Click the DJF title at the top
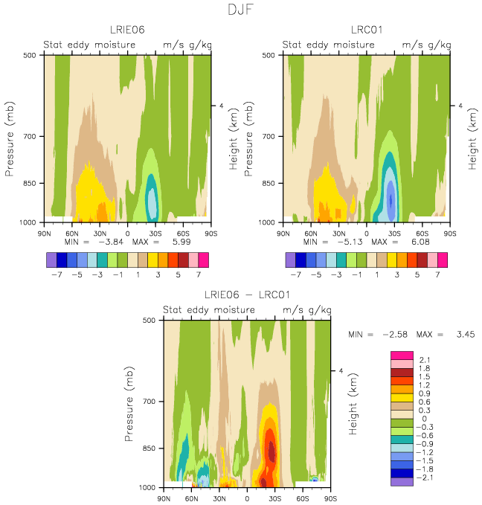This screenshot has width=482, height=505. click(241, 10)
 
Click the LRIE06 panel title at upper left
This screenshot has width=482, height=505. click(127, 30)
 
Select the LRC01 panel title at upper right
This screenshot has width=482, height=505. click(367, 30)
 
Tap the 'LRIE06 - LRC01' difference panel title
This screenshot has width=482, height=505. click(247, 295)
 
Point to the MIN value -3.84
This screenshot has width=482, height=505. click(111, 242)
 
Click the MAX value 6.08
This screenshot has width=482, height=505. click(420, 242)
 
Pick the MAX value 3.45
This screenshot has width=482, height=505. click(466, 335)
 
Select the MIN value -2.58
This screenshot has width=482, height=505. click(395, 335)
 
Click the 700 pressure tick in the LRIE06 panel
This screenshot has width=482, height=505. click(29, 137)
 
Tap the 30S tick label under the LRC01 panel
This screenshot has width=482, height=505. click(394, 234)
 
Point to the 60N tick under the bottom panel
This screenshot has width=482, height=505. click(192, 499)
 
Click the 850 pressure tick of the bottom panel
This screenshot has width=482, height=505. click(149, 448)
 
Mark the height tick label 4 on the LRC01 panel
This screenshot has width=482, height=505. click(460, 106)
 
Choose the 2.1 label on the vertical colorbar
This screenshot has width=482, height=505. click(425, 360)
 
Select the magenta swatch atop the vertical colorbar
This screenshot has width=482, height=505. click(402, 356)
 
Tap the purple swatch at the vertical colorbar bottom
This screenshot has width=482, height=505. click(402, 482)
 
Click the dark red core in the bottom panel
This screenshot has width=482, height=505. click(271, 451)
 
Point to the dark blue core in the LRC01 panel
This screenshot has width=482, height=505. click(391, 200)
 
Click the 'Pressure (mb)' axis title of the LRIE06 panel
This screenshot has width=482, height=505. click(10, 139)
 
